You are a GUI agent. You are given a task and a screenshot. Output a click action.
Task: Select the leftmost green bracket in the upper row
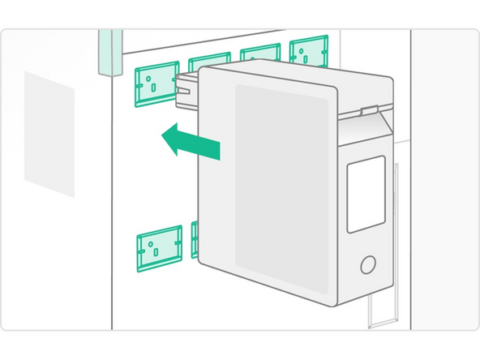pos(156,84)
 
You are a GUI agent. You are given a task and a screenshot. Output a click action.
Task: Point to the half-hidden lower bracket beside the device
pos(195,239)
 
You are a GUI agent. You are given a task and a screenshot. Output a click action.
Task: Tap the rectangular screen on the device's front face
pos(366,195)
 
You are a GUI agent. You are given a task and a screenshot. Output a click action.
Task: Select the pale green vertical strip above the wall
pos(110,50)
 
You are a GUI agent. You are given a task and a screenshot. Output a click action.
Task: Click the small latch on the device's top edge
pos(369,108)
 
